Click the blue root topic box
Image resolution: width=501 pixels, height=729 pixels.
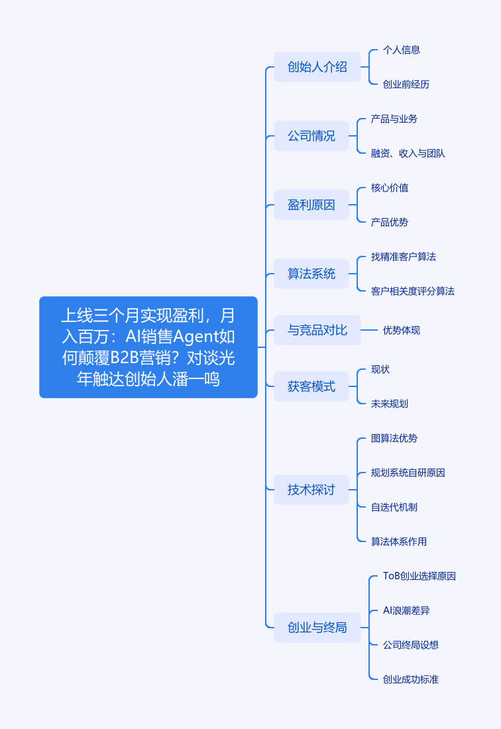point(148,347)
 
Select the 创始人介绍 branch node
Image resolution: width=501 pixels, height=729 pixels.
point(317,67)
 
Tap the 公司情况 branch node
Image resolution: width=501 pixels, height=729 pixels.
point(311,136)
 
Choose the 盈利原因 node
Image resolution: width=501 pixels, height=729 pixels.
point(311,205)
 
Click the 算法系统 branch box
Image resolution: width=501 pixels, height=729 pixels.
point(311,273)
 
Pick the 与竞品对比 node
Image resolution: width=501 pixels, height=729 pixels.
point(317,330)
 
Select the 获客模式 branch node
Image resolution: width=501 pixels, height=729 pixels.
point(311,386)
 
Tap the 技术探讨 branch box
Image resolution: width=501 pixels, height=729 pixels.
point(311,490)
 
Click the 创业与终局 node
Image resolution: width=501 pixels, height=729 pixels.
point(317,628)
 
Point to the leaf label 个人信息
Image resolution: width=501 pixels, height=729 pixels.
point(402,50)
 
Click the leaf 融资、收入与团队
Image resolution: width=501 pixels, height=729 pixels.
point(408,153)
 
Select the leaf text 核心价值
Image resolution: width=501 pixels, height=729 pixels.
point(390,188)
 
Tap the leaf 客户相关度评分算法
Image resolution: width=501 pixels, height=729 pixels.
point(413,291)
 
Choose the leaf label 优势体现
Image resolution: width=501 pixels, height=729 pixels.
point(402,330)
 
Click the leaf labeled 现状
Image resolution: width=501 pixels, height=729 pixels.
point(380,369)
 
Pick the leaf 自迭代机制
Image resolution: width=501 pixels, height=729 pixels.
point(394,507)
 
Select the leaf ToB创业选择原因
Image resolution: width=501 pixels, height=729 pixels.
point(419,576)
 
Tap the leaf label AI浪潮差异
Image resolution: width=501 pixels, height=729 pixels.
point(406,610)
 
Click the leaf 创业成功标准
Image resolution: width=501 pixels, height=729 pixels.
point(411,679)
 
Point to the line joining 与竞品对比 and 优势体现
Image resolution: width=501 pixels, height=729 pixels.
point(369,330)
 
